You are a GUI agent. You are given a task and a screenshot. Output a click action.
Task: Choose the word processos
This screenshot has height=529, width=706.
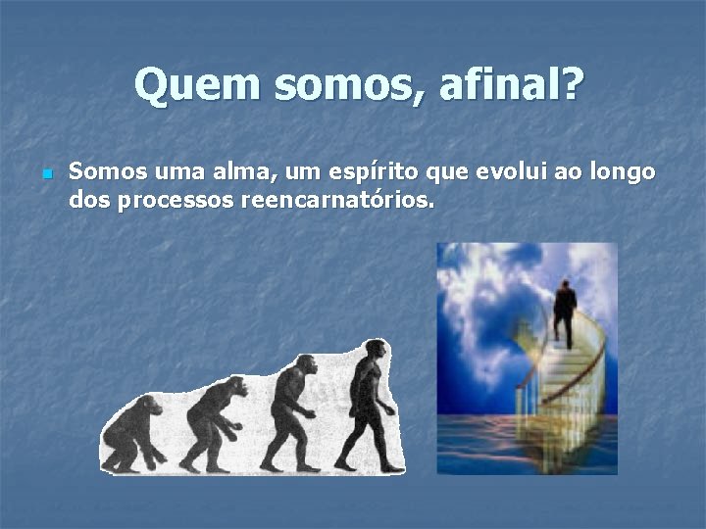click(176, 201)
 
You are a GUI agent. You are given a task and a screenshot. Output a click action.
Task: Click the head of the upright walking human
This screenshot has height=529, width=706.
click(375, 350)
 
